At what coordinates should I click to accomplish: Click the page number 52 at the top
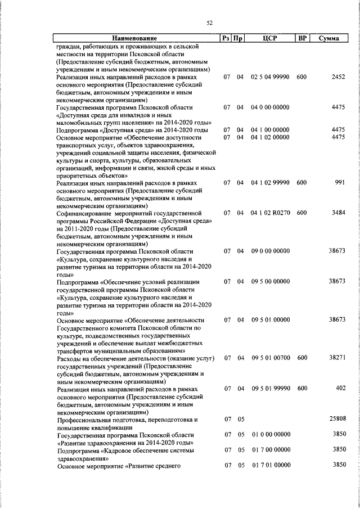tap(209, 22)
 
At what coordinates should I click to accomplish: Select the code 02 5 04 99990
tap(271, 76)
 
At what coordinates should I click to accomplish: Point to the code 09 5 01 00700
tap(271, 358)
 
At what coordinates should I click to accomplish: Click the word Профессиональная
tap(86, 420)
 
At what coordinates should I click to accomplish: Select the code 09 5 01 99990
tap(271, 389)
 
